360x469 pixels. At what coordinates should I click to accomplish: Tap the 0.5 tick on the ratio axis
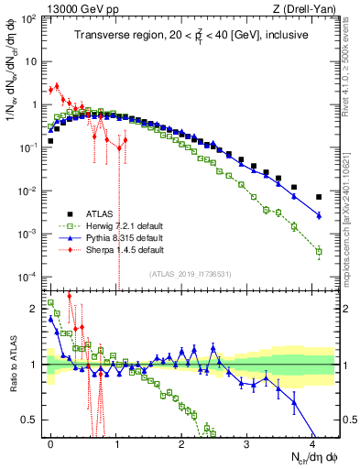31,420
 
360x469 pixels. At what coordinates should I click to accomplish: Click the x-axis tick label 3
247,442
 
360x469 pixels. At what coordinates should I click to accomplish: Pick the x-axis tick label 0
50,442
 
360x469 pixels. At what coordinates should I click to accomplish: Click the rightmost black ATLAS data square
319,197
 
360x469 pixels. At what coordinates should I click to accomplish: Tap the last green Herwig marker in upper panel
319,251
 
